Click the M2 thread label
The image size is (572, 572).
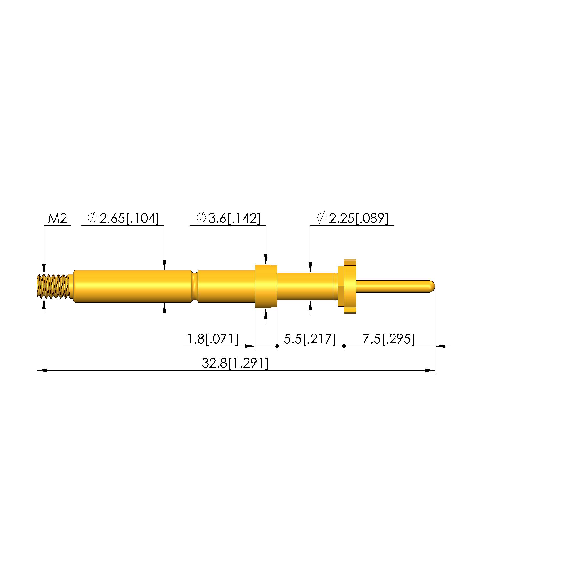click(x=58, y=218)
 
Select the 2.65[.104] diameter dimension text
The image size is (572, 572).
click(x=129, y=218)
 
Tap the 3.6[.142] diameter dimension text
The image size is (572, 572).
click(x=234, y=218)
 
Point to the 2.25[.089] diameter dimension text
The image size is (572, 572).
click(x=359, y=218)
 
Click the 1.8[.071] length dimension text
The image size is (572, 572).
click(x=213, y=339)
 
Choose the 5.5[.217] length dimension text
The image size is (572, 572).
click(x=310, y=339)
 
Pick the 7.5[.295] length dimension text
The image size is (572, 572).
click(x=388, y=339)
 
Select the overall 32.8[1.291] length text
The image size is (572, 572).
click(x=235, y=363)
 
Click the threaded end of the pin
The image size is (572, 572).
click(x=54, y=286)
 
